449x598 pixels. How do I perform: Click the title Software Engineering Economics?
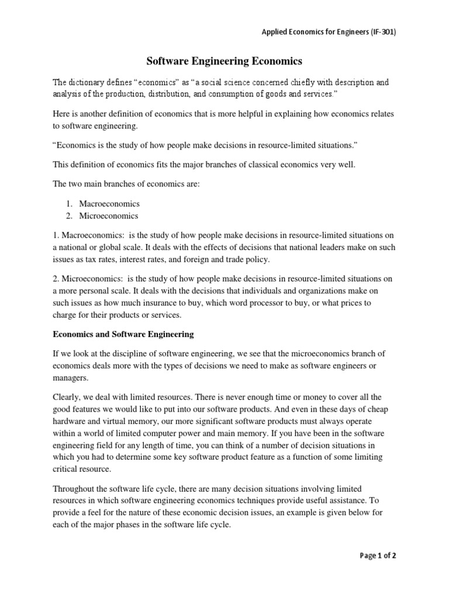tap(224, 60)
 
